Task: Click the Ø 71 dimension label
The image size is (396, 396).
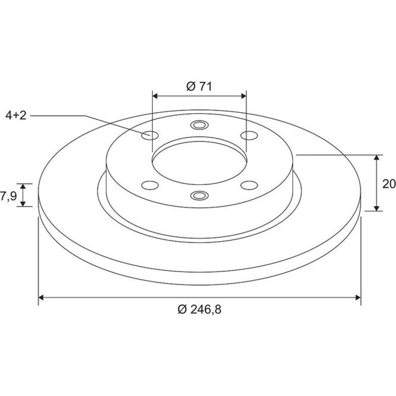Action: point(199,87)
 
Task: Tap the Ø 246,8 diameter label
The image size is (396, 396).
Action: point(200,309)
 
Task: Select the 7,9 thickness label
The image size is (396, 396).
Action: point(8,196)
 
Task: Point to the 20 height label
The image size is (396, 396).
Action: point(389,184)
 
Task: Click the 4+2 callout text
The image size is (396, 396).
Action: point(16,115)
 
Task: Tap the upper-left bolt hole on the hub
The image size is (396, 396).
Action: point(150,135)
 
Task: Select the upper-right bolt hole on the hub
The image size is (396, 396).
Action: point(249,135)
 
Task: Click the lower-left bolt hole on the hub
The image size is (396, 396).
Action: point(150,185)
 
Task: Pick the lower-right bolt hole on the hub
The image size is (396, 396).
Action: point(249,185)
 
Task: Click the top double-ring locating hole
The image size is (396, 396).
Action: point(199,125)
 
